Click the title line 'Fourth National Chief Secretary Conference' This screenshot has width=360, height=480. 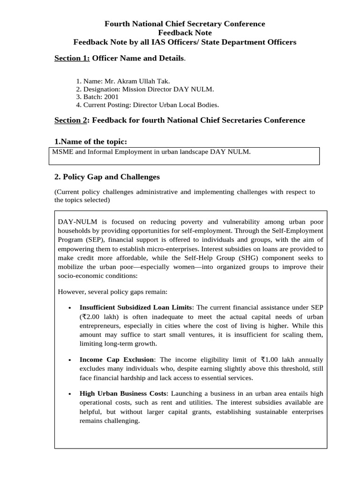[184, 24]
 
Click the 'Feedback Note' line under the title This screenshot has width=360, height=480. [184, 33]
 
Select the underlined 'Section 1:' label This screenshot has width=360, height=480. [72, 59]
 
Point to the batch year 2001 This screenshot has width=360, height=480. [111, 97]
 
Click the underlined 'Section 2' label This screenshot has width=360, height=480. [71, 120]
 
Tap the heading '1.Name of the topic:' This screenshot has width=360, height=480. [91, 142]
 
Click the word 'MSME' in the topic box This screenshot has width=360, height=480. [61, 152]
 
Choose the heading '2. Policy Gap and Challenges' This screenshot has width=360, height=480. [107, 177]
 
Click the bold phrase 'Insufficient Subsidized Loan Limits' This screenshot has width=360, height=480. [136, 307]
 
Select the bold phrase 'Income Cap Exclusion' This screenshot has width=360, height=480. [117, 360]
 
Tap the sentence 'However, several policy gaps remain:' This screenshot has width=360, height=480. [112, 292]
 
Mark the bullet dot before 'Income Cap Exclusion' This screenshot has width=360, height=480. [69, 360]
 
